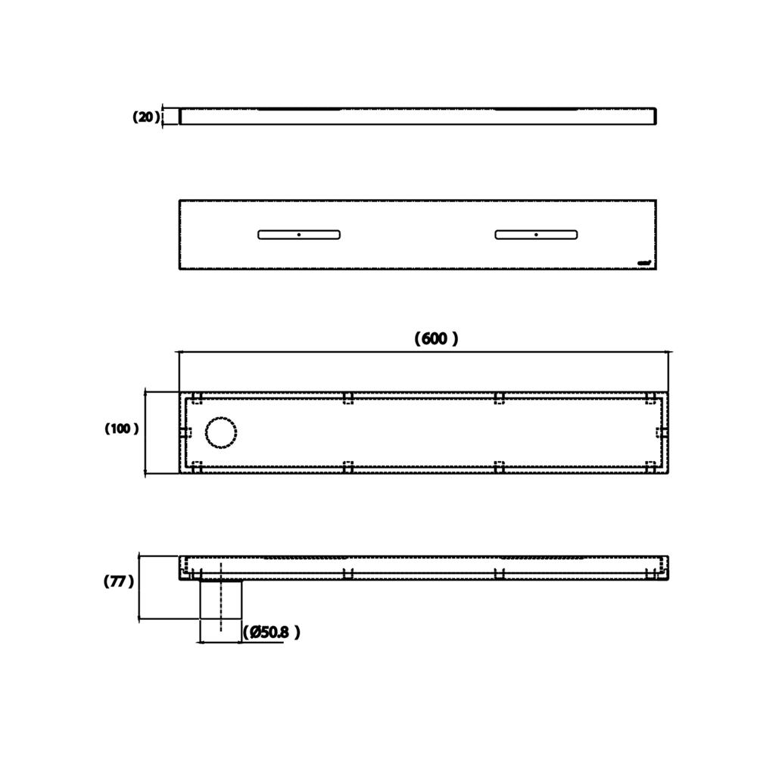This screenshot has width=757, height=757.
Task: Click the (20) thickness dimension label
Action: click(x=146, y=117)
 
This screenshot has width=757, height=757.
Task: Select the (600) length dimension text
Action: click(x=436, y=338)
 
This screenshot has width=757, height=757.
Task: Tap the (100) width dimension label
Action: click(x=121, y=428)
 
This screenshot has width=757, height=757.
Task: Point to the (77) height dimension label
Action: click(x=118, y=581)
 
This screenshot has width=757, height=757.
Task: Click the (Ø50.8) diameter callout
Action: click(x=272, y=632)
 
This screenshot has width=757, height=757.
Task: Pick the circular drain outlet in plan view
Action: click(x=222, y=432)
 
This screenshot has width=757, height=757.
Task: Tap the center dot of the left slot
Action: click(x=299, y=235)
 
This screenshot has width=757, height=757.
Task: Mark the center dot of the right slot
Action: click(x=536, y=235)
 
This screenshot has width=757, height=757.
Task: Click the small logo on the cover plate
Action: click(x=645, y=263)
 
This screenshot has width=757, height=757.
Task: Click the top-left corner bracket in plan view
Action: click(x=197, y=398)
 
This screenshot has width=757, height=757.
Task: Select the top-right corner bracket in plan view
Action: click(x=650, y=398)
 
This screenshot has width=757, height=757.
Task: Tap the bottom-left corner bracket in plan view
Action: click(x=197, y=466)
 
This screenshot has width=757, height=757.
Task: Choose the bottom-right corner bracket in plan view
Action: click(x=650, y=466)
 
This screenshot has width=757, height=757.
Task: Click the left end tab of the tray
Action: click(x=186, y=432)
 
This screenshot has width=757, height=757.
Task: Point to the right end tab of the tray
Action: click(x=661, y=432)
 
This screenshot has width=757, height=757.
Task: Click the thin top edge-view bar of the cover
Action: click(x=417, y=117)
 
